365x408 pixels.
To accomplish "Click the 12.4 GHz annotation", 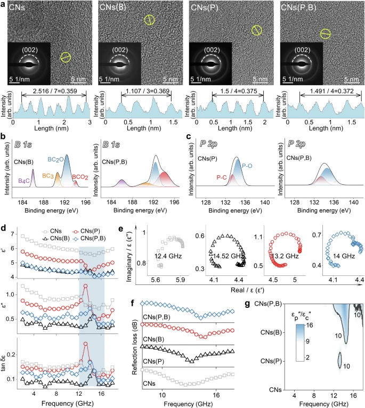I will [x=166, y=257].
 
